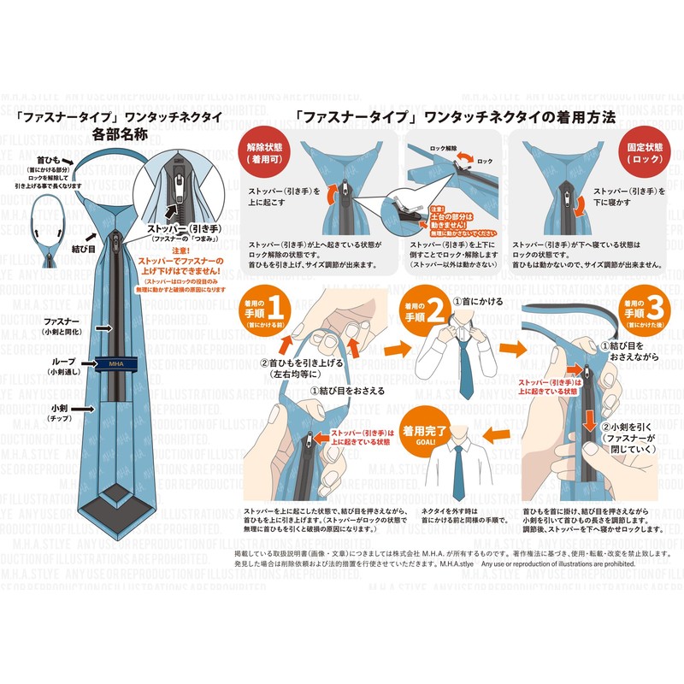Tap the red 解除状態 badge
click(x=264, y=152)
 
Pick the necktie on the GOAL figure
click(x=459, y=470)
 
